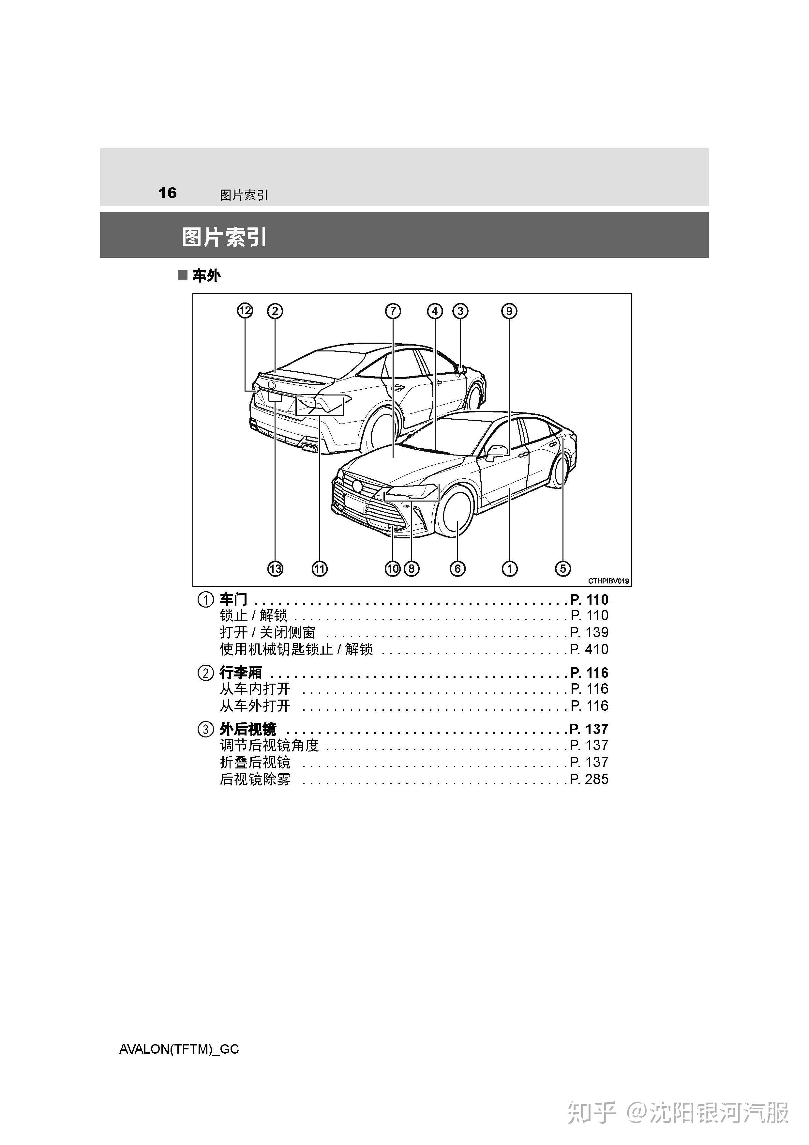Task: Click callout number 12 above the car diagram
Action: [x=245, y=311]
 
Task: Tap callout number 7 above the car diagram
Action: [x=393, y=311]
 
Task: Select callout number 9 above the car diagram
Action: [x=509, y=311]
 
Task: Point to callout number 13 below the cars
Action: [x=275, y=568]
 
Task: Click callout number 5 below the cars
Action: [x=563, y=568]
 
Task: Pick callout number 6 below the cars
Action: [x=457, y=568]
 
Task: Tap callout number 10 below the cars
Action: [x=393, y=568]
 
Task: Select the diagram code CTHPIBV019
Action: [x=608, y=581]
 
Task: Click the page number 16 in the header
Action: [x=168, y=193]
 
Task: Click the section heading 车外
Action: [x=206, y=275]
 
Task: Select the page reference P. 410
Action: [x=589, y=649]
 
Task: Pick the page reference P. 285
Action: [x=589, y=779]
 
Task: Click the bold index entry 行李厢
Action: [x=241, y=672]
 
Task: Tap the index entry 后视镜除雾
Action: [x=255, y=779]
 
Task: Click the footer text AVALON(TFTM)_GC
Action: [x=179, y=1049]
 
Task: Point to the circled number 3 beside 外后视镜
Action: [x=205, y=729]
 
